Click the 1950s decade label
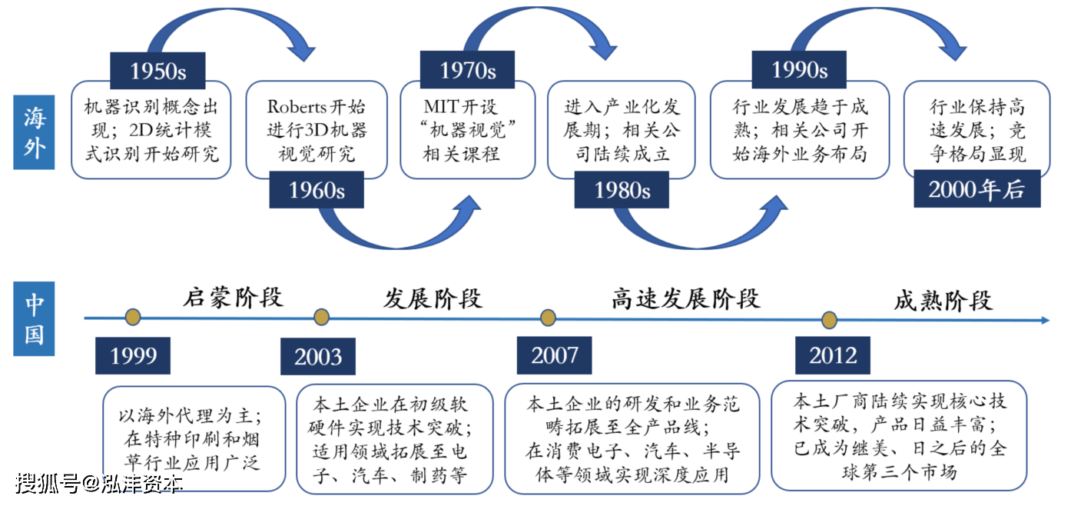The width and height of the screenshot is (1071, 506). click(157, 71)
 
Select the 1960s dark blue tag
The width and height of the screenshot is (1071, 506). click(317, 190)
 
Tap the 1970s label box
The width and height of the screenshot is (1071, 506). click(468, 70)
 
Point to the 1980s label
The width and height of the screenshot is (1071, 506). click(622, 190)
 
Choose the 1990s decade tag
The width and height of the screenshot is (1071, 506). click(800, 70)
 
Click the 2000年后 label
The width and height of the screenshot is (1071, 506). click(977, 188)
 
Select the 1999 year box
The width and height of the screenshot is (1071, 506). click(133, 356)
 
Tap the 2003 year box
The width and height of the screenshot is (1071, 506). click(318, 357)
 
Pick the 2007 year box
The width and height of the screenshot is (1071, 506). click(554, 355)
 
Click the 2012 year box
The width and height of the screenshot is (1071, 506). click(833, 355)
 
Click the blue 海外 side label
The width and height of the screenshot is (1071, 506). click(34, 132)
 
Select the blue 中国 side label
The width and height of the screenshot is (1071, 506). click(34, 319)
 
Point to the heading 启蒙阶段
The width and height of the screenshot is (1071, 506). click(234, 298)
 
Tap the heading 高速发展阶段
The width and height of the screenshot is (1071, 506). click(686, 298)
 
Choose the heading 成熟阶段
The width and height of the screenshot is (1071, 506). click(943, 301)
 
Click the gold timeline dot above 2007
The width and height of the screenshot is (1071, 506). click(548, 318)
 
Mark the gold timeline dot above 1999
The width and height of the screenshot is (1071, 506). click(133, 317)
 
